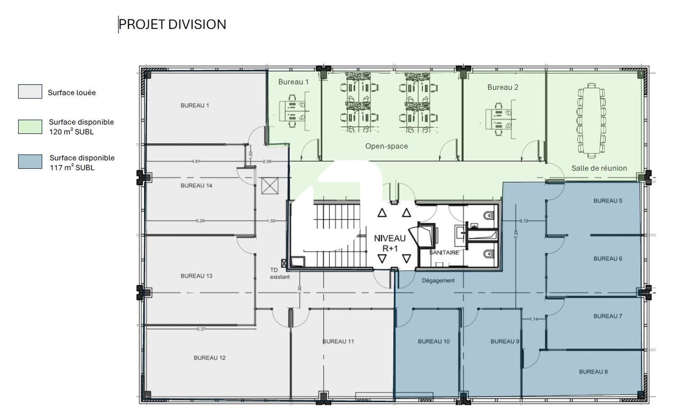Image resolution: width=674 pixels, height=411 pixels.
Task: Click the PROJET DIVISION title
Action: pyautogui.click(x=172, y=24)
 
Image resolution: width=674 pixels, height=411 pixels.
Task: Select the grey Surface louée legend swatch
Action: pyautogui.click(x=30, y=91)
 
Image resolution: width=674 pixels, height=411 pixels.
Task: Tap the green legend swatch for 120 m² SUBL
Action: pyautogui.click(x=30, y=127)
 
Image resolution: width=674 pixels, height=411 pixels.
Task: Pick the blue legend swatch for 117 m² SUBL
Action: pyautogui.click(x=30, y=162)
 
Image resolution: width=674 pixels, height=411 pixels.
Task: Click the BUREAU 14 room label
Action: pyautogui.click(x=196, y=186)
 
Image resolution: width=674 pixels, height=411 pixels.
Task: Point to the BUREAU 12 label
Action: pyautogui.click(x=210, y=358)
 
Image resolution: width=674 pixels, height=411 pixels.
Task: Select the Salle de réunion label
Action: pyautogui.click(x=599, y=168)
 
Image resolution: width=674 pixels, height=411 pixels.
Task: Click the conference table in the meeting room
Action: pyautogui.click(x=591, y=120)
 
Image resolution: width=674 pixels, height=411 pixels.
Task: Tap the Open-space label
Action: pyautogui.click(x=387, y=146)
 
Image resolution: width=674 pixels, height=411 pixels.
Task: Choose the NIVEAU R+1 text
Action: pyautogui.click(x=390, y=243)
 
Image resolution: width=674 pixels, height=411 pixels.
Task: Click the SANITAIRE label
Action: pyautogui.click(x=444, y=253)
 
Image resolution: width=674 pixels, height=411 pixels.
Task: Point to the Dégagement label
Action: pyautogui.click(x=438, y=280)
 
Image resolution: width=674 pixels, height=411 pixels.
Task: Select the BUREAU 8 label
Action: pyautogui.click(x=594, y=372)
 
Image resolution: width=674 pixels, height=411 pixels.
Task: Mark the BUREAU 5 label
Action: pyautogui.click(x=608, y=201)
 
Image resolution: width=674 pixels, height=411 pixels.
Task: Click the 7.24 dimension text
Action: pyautogui.click(x=516, y=235)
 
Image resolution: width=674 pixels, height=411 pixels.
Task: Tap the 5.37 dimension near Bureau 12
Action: pyautogui.click(x=201, y=329)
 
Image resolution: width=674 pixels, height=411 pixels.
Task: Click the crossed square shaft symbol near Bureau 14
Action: pyautogui.click(x=270, y=186)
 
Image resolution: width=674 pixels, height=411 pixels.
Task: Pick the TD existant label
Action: pyautogui.click(x=280, y=273)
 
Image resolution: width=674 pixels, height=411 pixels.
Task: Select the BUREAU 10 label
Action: pyautogui.click(x=433, y=342)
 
